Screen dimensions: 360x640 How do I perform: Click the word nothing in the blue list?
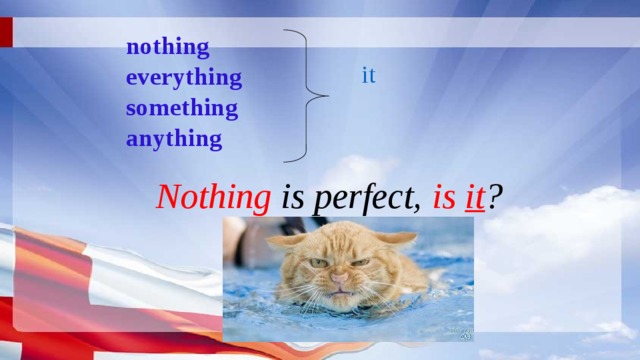pyautogui.click(x=168, y=46)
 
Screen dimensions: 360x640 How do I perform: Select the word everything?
pyautogui.click(x=184, y=77)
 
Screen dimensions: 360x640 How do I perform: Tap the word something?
pyautogui.click(x=182, y=107)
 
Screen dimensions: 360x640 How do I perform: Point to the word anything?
pyautogui.click(x=174, y=138)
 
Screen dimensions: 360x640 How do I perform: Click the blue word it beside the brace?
pyautogui.click(x=368, y=75)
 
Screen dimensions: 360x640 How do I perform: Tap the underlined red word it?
pyautogui.click(x=474, y=196)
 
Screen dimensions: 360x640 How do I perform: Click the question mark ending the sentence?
pyautogui.click(x=496, y=196)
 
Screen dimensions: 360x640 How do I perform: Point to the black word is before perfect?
pyautogui.click(x=300, y=196)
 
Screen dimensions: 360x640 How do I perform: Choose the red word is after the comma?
pyautogui.click(x=444, y=196)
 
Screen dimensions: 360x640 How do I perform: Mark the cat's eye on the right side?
pyautogui.click(x=362, y=262)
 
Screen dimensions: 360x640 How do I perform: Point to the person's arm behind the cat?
pyautogui.click(x=237, y=240)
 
